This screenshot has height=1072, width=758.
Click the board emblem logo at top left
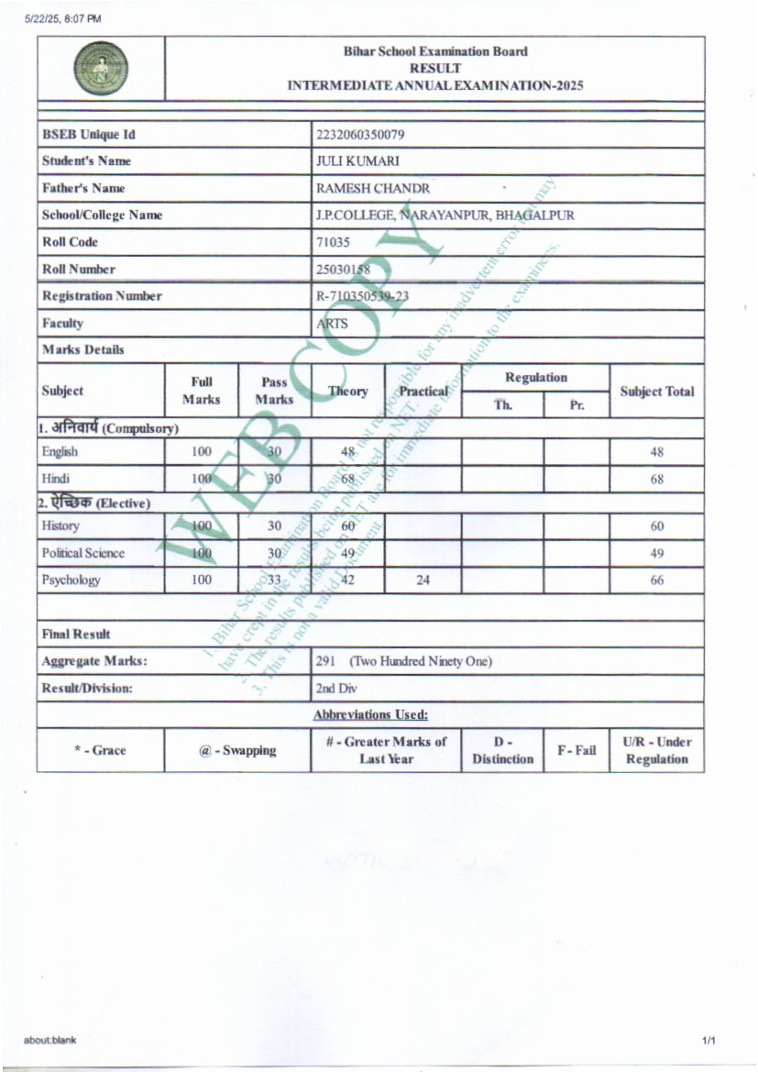point(101,70)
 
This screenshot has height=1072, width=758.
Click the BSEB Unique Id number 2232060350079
point(360,135)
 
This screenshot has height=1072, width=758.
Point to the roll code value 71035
point(332,242)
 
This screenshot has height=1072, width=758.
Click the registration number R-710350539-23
point(362,296)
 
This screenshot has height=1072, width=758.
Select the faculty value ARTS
point(332,324)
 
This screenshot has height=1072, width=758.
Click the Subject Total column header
point(657,392)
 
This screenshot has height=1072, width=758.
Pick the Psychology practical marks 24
point(423,580)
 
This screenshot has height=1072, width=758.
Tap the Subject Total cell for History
point(657,526)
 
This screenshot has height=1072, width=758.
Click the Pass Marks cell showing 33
point(274,580)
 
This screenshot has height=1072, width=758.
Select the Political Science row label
point(82,553)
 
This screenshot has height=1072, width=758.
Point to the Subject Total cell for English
point(657,452)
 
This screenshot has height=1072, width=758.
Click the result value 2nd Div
point(335,689)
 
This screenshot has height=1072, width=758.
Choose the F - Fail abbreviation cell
point(577,750)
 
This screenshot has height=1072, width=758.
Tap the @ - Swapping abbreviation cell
point(237,750)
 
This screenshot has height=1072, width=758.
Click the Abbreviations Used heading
point(370,714)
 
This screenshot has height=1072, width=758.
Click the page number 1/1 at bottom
point(709,1040)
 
